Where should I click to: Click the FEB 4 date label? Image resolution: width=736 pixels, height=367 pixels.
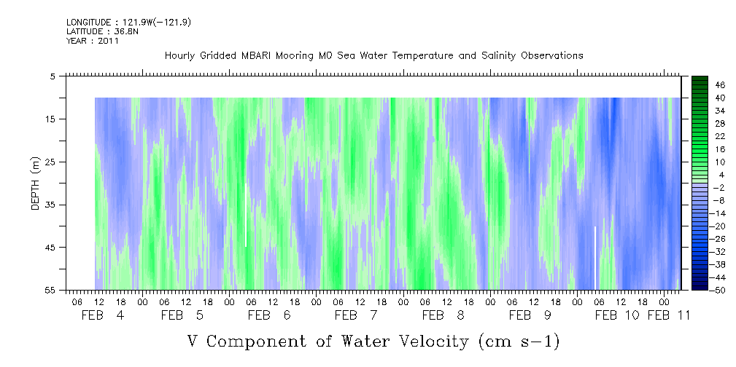[x=103, y=315]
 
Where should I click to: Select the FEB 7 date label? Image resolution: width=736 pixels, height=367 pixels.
[x=356, y=315]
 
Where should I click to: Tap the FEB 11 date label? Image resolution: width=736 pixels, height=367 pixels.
[x=668, y=315]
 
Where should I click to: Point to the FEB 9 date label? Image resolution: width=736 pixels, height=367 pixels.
[x=530, y=315]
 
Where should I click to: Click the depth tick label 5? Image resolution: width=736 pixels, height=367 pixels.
[x=53, y=76]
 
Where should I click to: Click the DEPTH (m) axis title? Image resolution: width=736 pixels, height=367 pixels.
[x=36, y=183]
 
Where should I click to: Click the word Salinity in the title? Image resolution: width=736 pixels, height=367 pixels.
[x=498, y=55]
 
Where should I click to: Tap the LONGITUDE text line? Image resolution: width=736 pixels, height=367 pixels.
[x=128, y=22]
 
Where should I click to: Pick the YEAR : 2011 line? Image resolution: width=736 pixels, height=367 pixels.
[x=93, y=41]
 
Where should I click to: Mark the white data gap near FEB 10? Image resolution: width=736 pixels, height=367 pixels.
[x=595, y=258]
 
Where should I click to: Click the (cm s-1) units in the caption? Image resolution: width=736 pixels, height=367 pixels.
[x=519, y=342]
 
